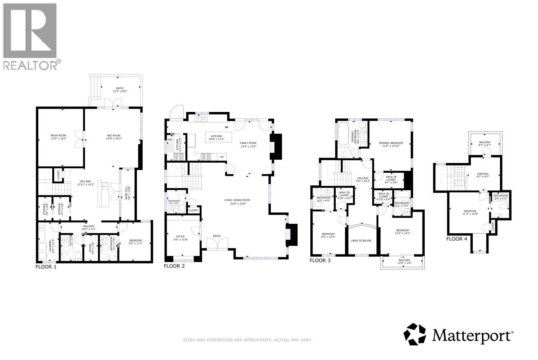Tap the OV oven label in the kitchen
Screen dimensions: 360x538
[222, 157]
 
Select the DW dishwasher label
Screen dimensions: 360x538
[170, 139]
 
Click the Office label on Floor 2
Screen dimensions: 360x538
[180, 238]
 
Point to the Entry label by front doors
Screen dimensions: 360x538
[217, 236]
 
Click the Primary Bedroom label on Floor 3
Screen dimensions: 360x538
[391, 144]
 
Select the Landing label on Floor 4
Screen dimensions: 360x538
[482, 175]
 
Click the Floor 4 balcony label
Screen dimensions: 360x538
[485, 144]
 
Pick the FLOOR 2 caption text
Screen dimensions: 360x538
[174, 266]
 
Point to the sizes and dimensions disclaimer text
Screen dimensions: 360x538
[247, 340]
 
